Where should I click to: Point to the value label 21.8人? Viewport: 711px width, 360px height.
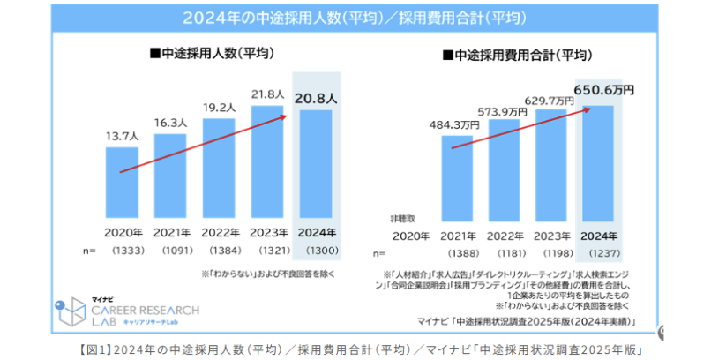267,94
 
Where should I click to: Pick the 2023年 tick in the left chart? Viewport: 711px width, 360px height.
267,234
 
